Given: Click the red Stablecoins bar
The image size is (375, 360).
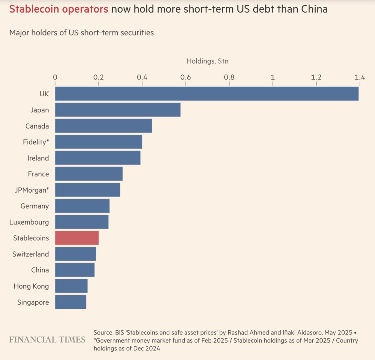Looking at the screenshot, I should point(77,238).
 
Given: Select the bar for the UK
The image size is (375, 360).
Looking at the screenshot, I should point(207,94).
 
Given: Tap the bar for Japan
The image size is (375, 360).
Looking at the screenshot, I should point(118,109).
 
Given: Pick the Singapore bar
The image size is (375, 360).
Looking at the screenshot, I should point(70,302).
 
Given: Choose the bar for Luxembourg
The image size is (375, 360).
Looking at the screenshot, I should point(82,222).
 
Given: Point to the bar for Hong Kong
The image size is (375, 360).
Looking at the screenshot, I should point(71,286).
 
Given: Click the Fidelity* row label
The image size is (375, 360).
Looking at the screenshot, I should point(36,142).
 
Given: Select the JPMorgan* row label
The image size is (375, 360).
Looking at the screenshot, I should point(31,190).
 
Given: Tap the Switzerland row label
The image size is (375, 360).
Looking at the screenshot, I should point(30,254).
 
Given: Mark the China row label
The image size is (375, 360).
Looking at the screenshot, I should point(40,270).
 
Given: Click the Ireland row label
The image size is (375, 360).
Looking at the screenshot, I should point(38,158).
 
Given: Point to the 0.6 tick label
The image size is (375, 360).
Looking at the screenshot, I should point(186,77).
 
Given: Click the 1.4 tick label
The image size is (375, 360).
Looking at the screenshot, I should point(360,77).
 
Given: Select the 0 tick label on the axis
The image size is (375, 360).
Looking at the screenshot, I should point(55,77).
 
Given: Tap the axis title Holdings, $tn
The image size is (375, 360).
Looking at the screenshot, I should point(207,61).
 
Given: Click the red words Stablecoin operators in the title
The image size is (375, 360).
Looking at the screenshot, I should point(58,9).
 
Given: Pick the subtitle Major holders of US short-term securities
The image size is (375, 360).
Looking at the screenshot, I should point(82,33).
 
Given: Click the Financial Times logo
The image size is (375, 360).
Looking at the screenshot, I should point(47,340).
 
